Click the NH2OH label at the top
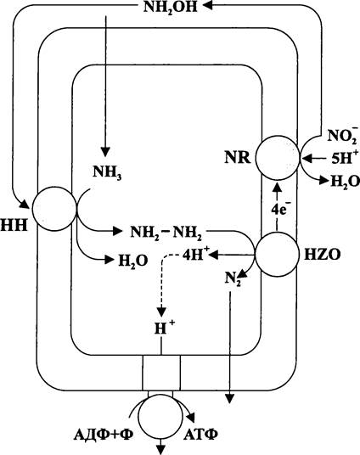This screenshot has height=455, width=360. pos(170,7)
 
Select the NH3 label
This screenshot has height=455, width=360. pos(107,172)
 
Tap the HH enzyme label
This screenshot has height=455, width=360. pos(14,225)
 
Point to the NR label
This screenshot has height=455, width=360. pos(238,158)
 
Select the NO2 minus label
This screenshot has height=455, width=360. pos(342,135)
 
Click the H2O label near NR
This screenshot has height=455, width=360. pos(345,183)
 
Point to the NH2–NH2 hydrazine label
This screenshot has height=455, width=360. pos(166,233)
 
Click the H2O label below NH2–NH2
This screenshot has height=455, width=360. pos(133,261)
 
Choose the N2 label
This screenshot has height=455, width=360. pos(233,280)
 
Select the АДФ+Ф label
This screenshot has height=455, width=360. pos(104,435)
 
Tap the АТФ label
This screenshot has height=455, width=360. pos(200,435)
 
